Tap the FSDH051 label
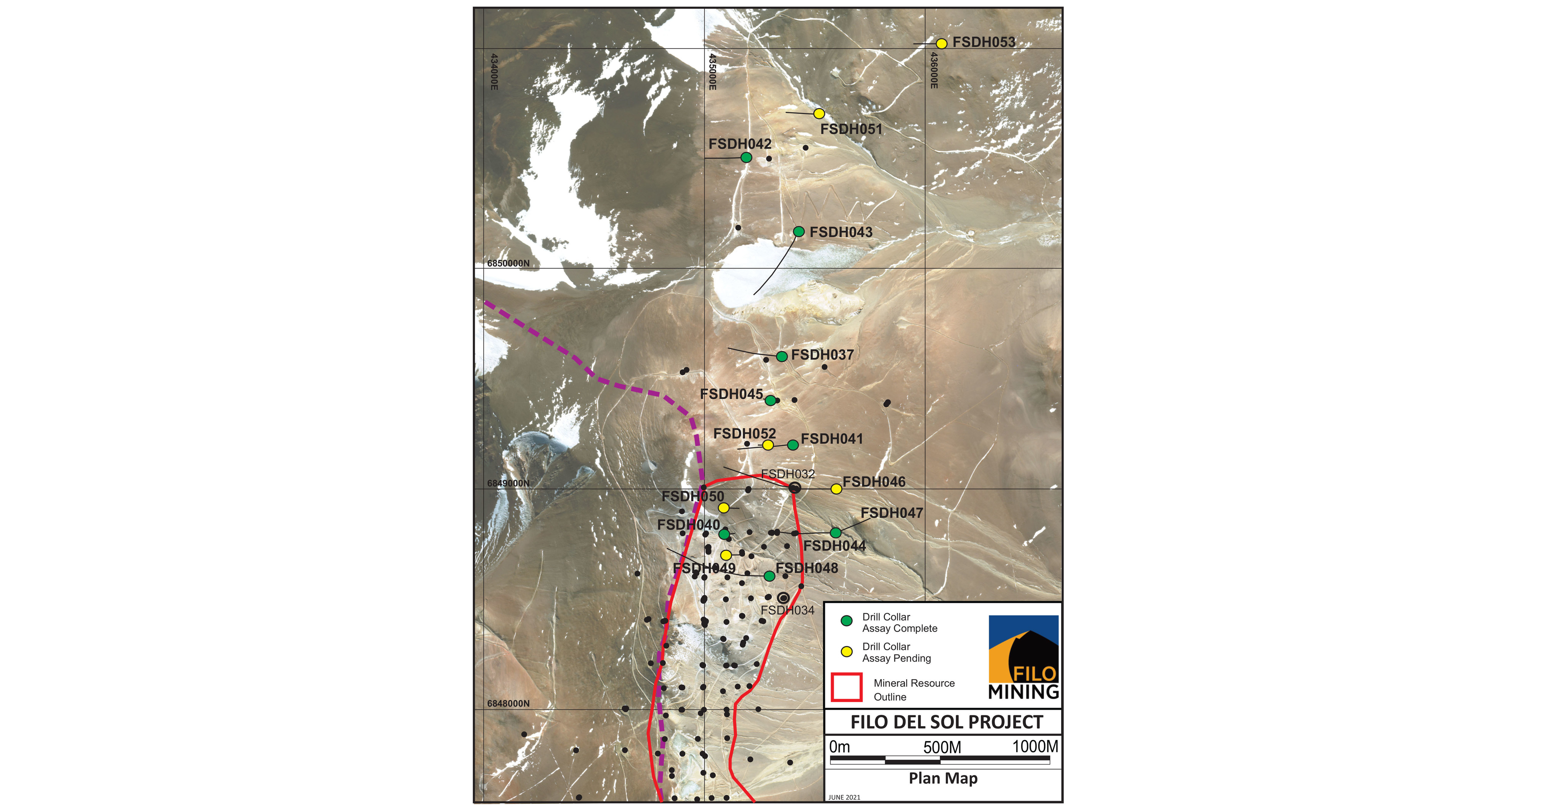[x=851, y=129]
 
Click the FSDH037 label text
[x=822, y=355]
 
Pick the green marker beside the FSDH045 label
[x=770, y=400]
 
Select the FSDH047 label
[x=892, y=513]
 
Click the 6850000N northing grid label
[x=508, y=263]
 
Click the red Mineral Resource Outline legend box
[x=846, y=688]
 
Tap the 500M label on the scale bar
[x=942, y=747]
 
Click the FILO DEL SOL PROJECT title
[x=946, y=722]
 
